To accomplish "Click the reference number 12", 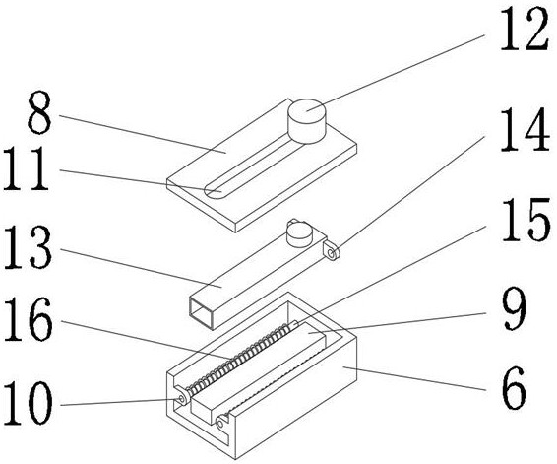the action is pyautogui.click(x=525, y=30).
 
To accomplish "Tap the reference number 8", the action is pyautogui.click(x=39, y=112).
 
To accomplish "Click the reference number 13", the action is pyautogui.click(x=28, y=246).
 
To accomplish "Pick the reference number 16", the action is pyautogui.click(x=29, y=319).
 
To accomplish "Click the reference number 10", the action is pyautogui.click(x=29, y=403).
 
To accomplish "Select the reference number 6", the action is pyautogui.click(x=514, y=388).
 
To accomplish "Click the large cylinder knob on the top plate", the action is pyautogui.click(x=307, y=121).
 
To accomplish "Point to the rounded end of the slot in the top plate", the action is pyautogui.click(x=214, y=192).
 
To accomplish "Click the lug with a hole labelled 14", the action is pyautogui.click(x=331, y=250).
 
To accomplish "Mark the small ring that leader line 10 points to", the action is pyautogui.click(x=181, y=399).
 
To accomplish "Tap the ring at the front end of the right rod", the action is pyautogui.click(x=221, y=423).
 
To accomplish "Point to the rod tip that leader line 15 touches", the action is pyautogui.click(x=294, y=324).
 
